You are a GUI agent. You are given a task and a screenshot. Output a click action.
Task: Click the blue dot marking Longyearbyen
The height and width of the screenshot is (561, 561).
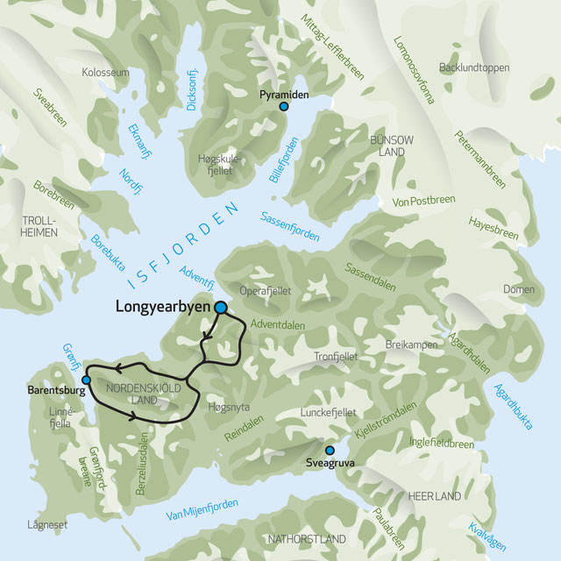tap(221, 308)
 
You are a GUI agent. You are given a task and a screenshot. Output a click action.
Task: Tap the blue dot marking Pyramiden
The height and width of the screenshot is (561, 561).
tap(283, 107)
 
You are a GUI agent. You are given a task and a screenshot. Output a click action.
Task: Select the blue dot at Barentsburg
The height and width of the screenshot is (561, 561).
tap(86, 380)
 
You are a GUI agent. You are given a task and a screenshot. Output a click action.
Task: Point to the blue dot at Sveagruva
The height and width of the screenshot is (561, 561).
tap(330, 450)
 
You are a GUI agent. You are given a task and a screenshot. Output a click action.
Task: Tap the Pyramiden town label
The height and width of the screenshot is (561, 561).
tap(282, 92)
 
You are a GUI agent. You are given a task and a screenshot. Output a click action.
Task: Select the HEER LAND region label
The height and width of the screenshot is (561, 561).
tap(435, 497)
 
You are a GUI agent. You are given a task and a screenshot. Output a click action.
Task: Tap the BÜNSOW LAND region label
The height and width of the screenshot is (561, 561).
tap(387, 146)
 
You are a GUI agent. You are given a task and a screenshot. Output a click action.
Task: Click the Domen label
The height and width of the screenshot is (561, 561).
tap(518, 290)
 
